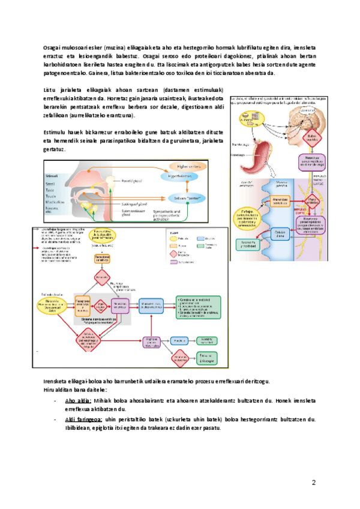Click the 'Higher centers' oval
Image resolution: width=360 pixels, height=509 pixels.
point(188,165)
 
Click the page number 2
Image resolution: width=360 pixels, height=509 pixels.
point(313,484)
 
